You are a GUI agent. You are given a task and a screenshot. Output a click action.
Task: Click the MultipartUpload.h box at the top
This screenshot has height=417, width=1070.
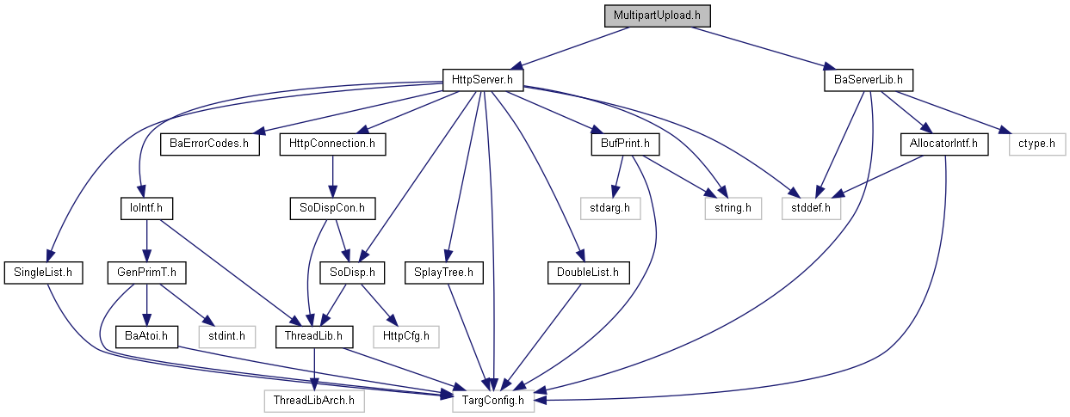coord(658,15)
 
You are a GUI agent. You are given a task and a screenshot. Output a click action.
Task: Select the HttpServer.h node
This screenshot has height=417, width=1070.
coord(482,80)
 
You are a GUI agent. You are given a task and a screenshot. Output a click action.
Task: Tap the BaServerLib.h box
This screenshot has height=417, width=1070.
coord(869,80)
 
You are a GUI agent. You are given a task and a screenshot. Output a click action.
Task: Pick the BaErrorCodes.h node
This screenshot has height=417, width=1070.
coord(210,144)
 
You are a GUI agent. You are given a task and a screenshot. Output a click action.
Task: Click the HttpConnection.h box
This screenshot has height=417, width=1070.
coord(332,144)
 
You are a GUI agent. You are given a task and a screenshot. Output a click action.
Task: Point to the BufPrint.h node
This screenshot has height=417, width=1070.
coord(625,144)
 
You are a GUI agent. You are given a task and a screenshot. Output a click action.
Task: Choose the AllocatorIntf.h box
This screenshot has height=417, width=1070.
coord(944,144)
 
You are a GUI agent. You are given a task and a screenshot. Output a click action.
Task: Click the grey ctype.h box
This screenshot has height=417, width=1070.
coord(1037,144)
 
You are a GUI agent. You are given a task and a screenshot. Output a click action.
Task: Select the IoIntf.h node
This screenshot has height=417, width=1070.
coord(146,208)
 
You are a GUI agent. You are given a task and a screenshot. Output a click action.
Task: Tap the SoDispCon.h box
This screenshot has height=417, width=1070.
coord(332,208)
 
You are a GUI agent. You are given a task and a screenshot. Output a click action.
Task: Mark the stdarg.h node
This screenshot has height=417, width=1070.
coord(610,208)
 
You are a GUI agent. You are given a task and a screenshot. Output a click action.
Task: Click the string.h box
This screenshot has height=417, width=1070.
coord(733,208)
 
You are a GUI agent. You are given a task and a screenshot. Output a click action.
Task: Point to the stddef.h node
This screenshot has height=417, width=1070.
coord(811,208)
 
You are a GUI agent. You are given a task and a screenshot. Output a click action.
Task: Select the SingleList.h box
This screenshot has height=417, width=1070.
coord(43,273)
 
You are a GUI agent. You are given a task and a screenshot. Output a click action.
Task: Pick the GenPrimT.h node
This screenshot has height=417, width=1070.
coord(146,273)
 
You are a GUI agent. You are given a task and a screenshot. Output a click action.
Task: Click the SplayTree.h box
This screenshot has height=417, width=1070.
coord(444,273)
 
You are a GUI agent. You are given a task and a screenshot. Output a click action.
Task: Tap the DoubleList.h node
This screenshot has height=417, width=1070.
coord(589,273)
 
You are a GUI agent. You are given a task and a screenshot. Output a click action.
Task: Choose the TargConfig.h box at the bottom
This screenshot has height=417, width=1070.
coord(493,401)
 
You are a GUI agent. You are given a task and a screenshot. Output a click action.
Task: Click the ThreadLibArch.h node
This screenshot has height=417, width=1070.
coord(314,401)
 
